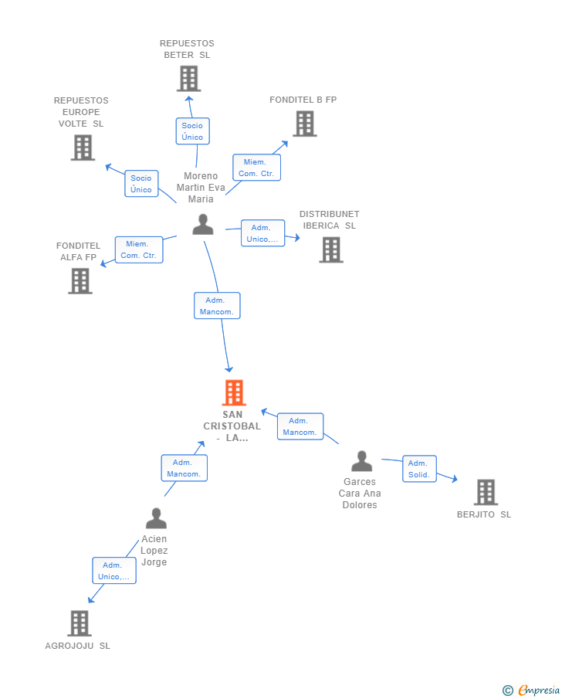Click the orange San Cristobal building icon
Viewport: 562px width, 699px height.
pos(233,392)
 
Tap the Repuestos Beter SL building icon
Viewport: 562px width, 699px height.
pos(188,78)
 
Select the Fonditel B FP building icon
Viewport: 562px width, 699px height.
pos(304,124)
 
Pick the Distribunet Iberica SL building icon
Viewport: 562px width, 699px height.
pos(330,249)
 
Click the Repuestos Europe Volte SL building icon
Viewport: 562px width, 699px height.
pos(83,147)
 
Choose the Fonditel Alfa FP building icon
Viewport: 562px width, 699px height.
pos(80,280)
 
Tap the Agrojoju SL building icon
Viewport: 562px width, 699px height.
pos(79,623)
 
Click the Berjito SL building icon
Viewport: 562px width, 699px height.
pos(485,491)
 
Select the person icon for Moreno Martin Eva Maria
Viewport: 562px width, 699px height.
pos(202,224)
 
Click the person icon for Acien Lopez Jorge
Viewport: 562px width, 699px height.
pos(156,517)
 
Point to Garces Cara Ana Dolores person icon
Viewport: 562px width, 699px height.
pos(361,461)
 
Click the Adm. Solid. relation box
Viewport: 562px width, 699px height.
pos(419,469)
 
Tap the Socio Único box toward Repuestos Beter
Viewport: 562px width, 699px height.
pos(192,131)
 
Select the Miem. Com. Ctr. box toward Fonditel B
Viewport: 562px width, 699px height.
pos(256,168)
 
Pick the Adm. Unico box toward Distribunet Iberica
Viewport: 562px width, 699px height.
pos(262,233)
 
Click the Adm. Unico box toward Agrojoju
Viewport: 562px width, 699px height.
pos(114,571)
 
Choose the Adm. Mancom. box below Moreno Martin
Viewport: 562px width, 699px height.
pos(217,306)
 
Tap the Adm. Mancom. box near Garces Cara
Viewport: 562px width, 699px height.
pos(300,426)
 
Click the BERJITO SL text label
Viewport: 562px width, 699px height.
pos(483,514)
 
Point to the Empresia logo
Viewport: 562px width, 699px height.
pos(532,690)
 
